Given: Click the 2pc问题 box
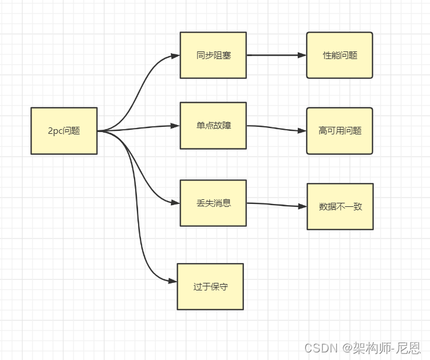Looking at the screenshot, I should tap(64, 131).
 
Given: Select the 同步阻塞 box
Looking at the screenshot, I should tap(213, 56).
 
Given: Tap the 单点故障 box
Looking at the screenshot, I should tap(213, 126).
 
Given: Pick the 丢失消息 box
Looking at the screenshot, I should tap(213, 203).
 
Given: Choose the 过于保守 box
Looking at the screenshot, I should tap(210, 286).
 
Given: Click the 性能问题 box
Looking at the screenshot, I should tap(339, 56).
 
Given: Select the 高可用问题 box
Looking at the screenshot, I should tap(339, 131).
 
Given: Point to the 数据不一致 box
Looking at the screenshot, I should tap(340, 206).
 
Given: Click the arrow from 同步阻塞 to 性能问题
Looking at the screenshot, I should tap(275, 56).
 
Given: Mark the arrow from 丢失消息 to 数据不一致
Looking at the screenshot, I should tap(275, 205).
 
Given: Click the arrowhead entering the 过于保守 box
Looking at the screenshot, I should tap(173, 281).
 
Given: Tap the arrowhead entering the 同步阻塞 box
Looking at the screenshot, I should tap(176, 56).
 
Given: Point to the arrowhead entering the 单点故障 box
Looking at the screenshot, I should tap(176, 126).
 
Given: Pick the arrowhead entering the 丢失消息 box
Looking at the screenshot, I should tap(176, 203).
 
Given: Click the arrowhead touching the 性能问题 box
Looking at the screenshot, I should tap(302, 56).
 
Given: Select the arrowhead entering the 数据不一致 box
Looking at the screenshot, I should tap(302, 206).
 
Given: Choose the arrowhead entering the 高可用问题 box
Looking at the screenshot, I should tap(302, 131).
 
